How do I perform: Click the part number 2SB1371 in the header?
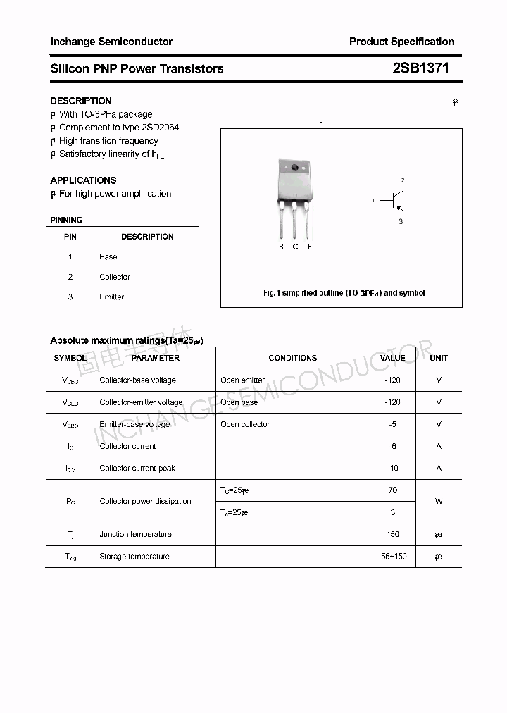420,68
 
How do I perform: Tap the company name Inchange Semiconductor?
111,42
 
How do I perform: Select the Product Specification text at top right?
401,42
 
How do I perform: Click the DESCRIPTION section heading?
81,101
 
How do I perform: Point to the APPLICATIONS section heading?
83,180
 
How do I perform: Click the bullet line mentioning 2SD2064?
118,128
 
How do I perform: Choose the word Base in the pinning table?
108,257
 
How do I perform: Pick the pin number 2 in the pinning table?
70,277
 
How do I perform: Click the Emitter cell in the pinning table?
111,297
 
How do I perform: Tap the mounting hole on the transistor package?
294,168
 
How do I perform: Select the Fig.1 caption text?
344,293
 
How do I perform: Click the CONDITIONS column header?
292,358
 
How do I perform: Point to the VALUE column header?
392,358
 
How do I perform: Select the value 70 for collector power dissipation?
392,490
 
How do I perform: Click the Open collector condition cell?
245,425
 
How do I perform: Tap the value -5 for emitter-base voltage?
392,425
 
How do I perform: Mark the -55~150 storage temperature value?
392,557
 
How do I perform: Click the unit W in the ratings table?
439,502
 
